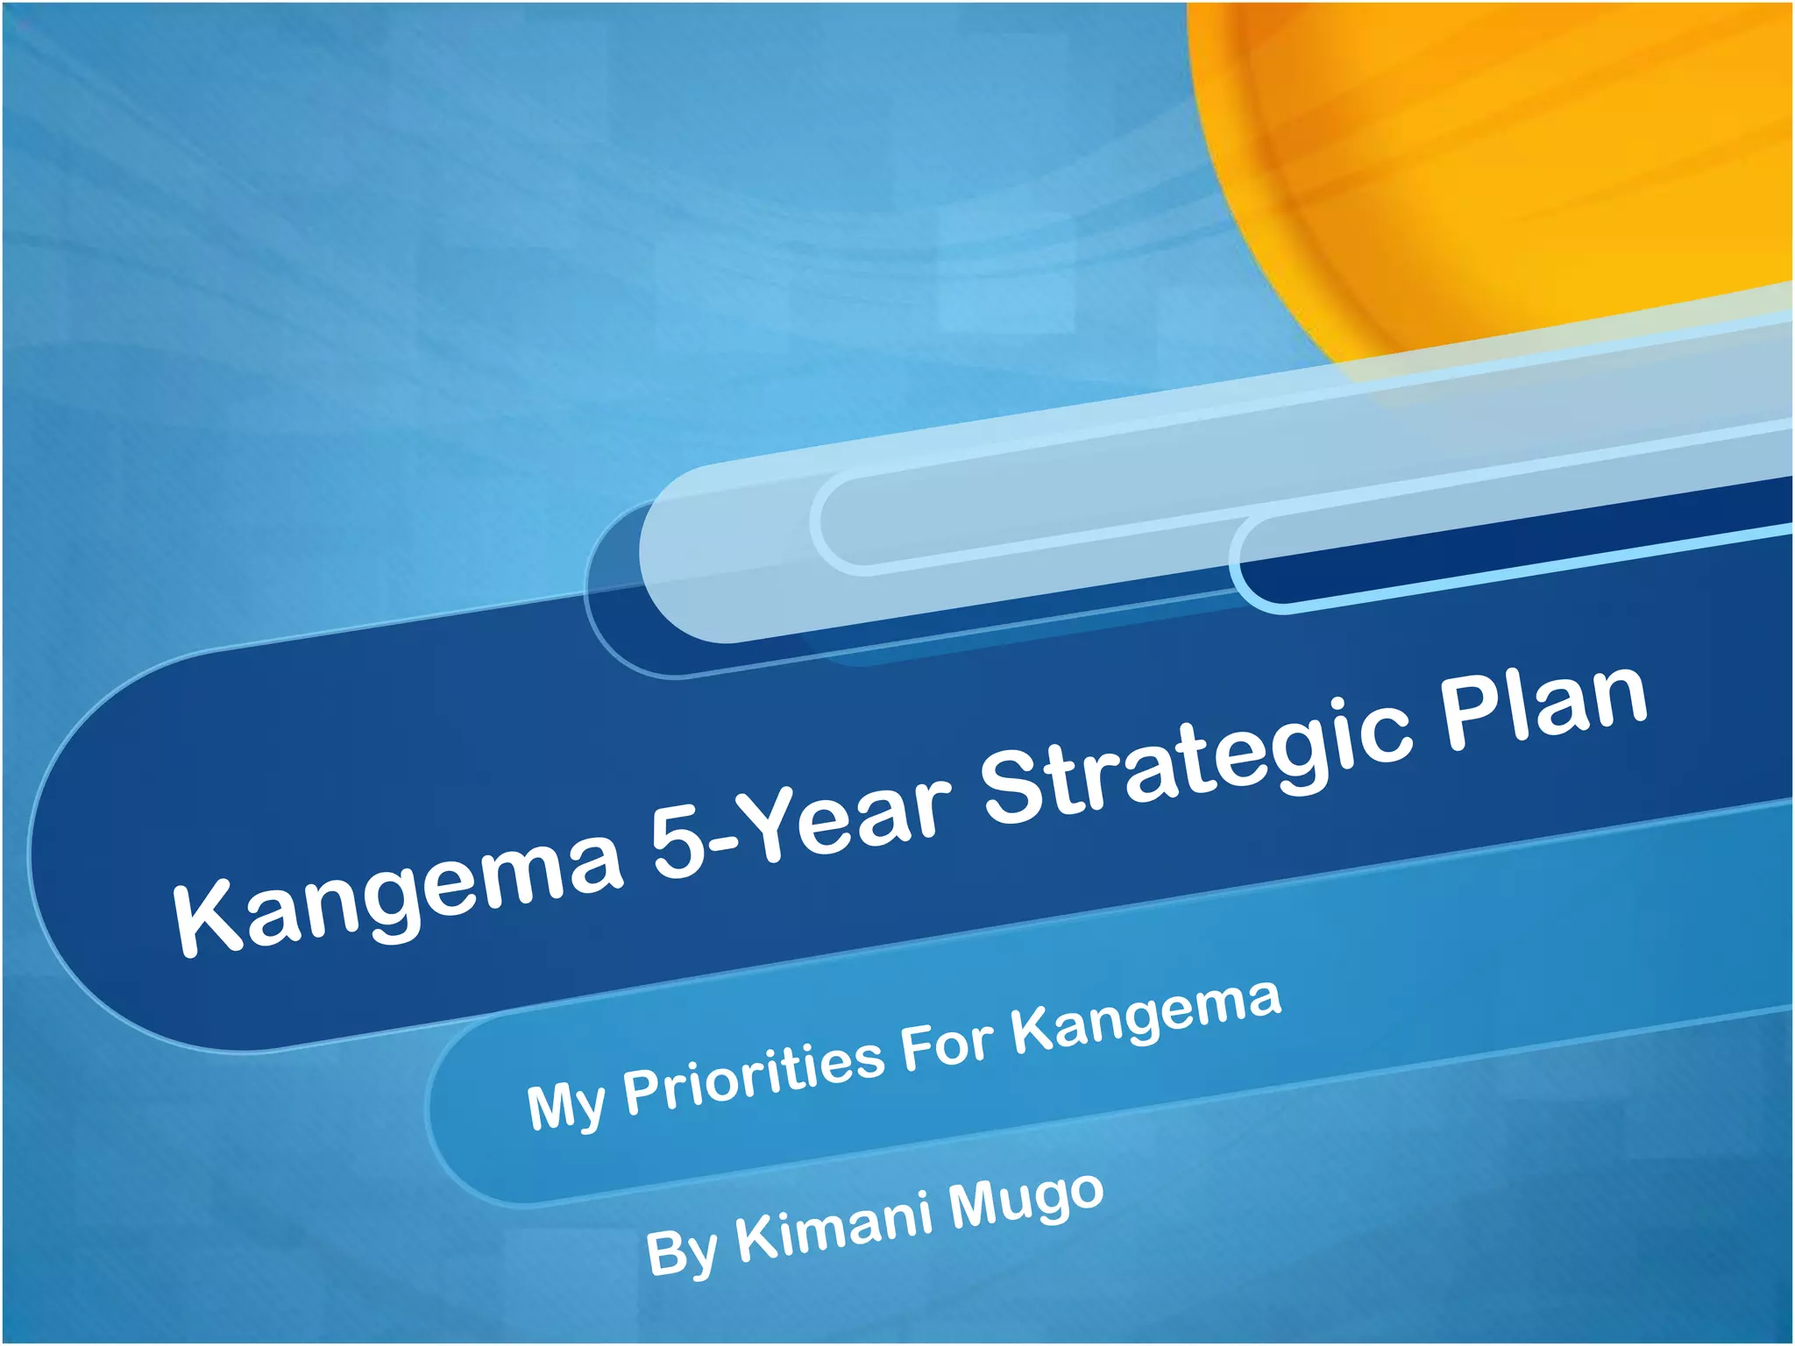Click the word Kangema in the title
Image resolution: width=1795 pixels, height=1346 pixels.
[399, 894]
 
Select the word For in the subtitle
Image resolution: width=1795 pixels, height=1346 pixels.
[947, 1045]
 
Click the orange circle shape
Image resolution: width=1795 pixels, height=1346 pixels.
[1490, 158]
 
